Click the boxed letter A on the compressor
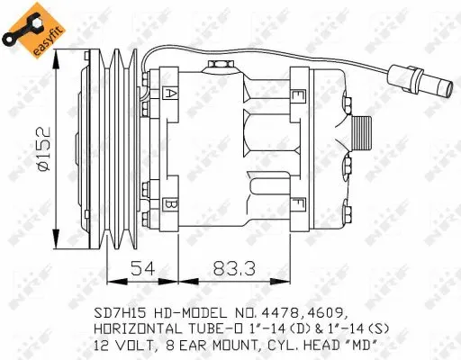(x=171, y=92)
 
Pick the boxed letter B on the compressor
(x=171, y=204)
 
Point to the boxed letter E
(x=295, y=92)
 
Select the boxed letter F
(x=295, y=204)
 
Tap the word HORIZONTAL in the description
(x=139, y=328)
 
